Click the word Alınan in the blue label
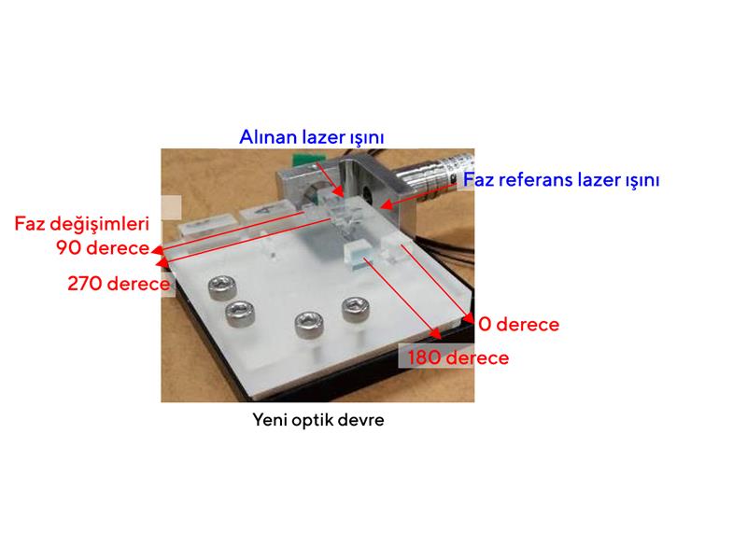268,137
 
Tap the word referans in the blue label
535,180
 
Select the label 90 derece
103,247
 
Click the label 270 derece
119,284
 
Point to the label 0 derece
519,324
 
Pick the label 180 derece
458,357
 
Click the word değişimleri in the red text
100,224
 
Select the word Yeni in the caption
270,420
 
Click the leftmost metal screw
222,287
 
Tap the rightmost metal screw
356,309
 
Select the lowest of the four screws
310,325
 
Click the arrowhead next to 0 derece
470,319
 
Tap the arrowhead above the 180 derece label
436,334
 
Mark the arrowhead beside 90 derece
157,249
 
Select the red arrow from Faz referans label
419,195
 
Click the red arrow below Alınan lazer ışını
330,180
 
